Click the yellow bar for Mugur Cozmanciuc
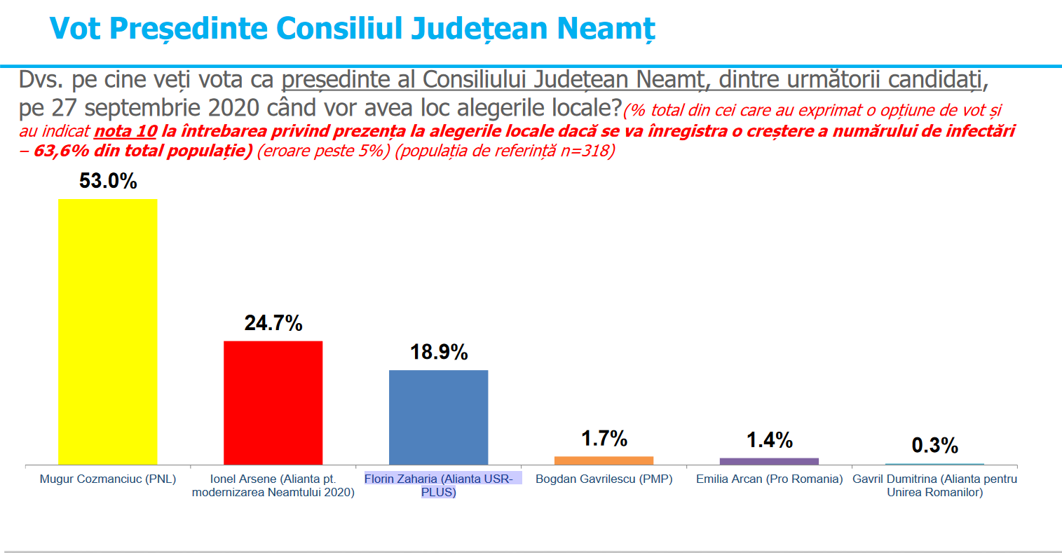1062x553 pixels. [x=108, y=332]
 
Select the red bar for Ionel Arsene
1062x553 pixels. [x=273, y=403]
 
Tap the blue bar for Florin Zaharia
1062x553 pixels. [x=439, y=418]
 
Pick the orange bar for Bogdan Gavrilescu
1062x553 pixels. [x=604, y=460]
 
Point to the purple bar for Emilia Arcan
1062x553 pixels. [x=769, y=462]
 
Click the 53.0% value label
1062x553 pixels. [x=108, y=181]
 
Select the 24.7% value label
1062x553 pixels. [x=273, y=323]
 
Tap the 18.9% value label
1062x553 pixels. [x=439, y=352]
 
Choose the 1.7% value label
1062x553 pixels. [x=604, y=438]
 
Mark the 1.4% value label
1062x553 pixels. [x=770, y=440]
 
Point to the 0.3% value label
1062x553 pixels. [x=935, y=445]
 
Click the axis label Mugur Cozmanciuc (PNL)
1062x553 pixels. [x=108, y=479]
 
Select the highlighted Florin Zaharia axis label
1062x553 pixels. [x=439, y=485]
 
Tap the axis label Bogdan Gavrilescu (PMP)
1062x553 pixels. [x=604, y=479]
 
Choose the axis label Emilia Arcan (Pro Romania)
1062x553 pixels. [x=769, y=479]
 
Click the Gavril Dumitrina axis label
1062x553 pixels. [x=935, y=485]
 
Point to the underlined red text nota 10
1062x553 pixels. [x=125, y=131]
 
